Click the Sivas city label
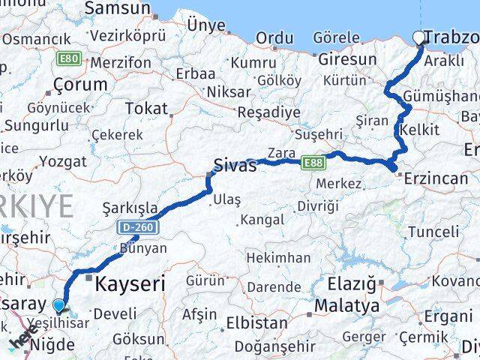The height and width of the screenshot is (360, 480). tap(235, 166)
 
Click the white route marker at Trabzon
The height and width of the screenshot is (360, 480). tap(418, 37)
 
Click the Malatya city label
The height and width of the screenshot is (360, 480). tap(347, 306)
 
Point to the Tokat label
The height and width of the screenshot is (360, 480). tap(147, 109)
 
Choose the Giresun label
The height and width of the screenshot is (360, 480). tap(347, 58)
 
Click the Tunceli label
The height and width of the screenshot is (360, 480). tap(433, 232)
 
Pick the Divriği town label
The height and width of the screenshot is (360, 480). tap(317, 205)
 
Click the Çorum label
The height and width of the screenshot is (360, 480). tap(80, 84)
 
